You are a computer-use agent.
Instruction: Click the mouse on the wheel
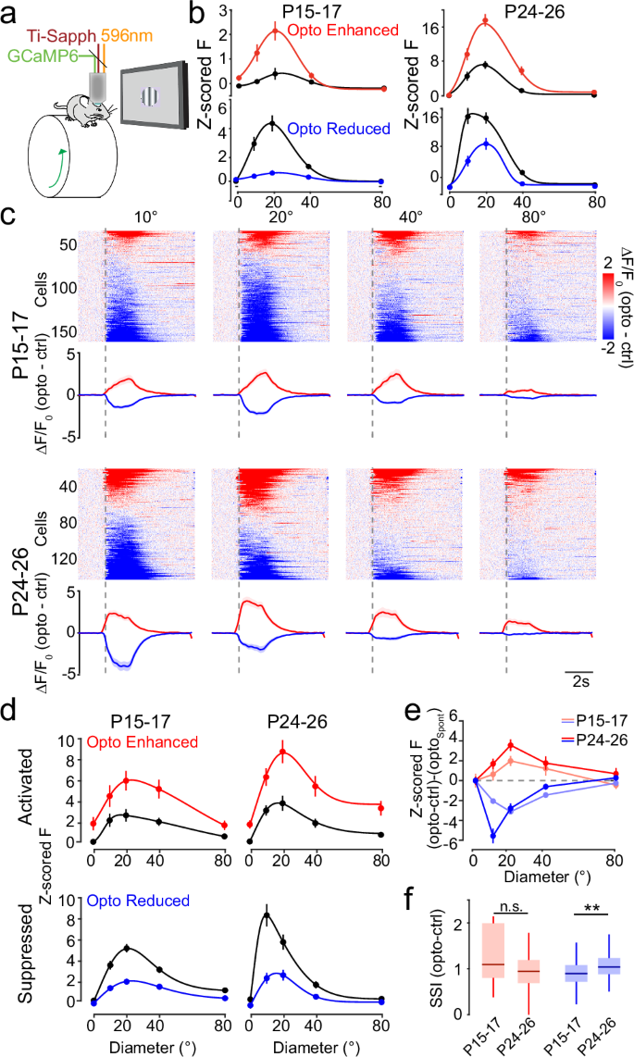(82, 108)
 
